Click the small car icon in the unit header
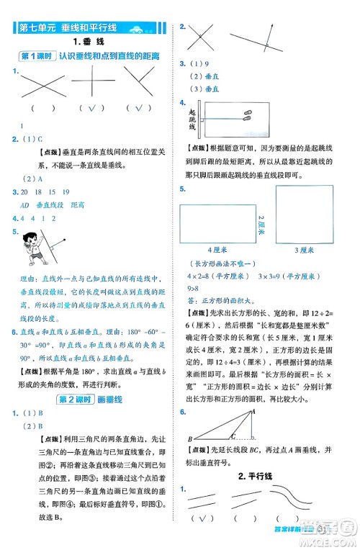click(x=138, y=29)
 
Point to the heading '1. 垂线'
click(x=91, y=42)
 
